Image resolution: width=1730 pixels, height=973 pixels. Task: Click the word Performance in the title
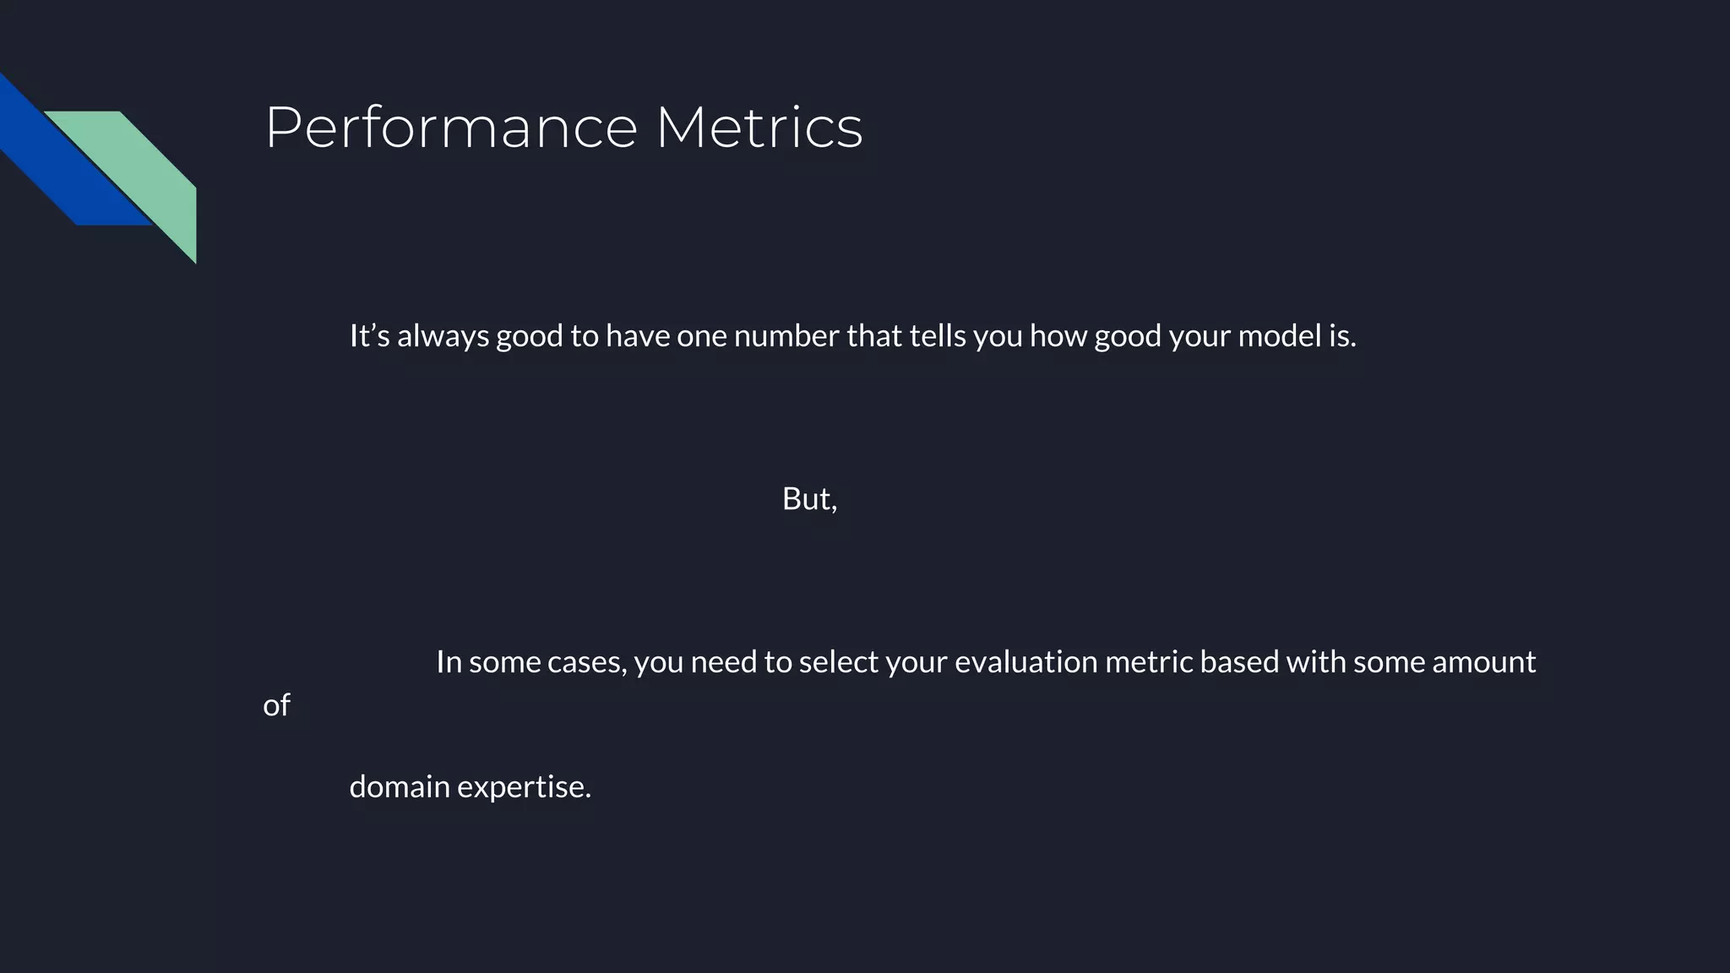pyautogui.click(x=451, y=128)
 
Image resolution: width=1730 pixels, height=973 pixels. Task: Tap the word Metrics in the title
pyautogui.click(x=759, y=128)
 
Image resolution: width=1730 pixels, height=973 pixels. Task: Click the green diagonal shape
pyautogui.click(x=148, y=169)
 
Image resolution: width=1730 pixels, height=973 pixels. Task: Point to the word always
pyautogui.click(x=443, y=336)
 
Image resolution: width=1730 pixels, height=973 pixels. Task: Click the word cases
pyautogui.click(x=586, y=662)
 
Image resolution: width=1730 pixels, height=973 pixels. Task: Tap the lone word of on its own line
pyautogui.click(x=276, y=705)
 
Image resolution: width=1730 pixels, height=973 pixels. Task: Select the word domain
pyautogui.click(x=399, y=787)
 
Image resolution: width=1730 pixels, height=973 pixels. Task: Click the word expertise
pyautogui.click(x=524, y=787)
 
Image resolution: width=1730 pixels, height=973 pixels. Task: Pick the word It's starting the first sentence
pyautogui.click(x=369, y=336)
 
